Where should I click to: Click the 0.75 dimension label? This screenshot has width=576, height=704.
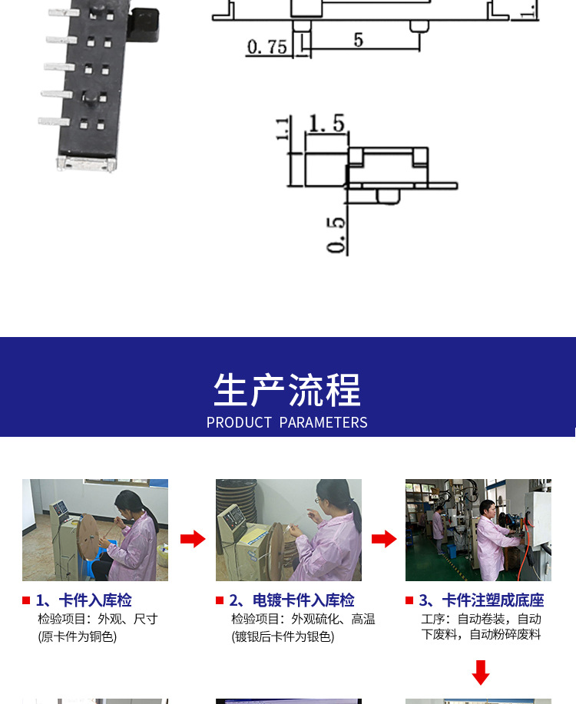point(267,47)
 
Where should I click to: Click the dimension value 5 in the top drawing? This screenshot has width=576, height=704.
point(358,39)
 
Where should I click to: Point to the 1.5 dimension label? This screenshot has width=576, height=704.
point(326,123)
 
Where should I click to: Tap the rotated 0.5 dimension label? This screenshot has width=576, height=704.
point(336,235)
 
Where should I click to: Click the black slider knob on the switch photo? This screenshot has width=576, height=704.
point(144,25)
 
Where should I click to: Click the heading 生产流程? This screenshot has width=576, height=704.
point(287,390)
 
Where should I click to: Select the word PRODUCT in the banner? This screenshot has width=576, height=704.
point(239,422)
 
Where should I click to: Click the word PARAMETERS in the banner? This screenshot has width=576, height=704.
point(323,422)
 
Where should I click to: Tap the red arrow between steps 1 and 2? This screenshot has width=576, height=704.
point(193,538)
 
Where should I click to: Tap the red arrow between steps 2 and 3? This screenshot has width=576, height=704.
point(384,538)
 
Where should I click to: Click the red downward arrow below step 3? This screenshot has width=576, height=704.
point(481,673)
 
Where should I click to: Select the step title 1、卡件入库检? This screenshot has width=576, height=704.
point(84,600)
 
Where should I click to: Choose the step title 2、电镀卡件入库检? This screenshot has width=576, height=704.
point(292,600)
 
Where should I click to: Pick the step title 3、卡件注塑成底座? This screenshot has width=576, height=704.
point(482,600)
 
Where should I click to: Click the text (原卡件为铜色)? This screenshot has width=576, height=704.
point(78,636)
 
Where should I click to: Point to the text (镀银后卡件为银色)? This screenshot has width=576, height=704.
point(283,636)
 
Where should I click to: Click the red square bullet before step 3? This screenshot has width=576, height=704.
point(409,600)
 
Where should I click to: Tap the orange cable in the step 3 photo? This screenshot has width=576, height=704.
point(525,552)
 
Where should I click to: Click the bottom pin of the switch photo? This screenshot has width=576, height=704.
point(54,121)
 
